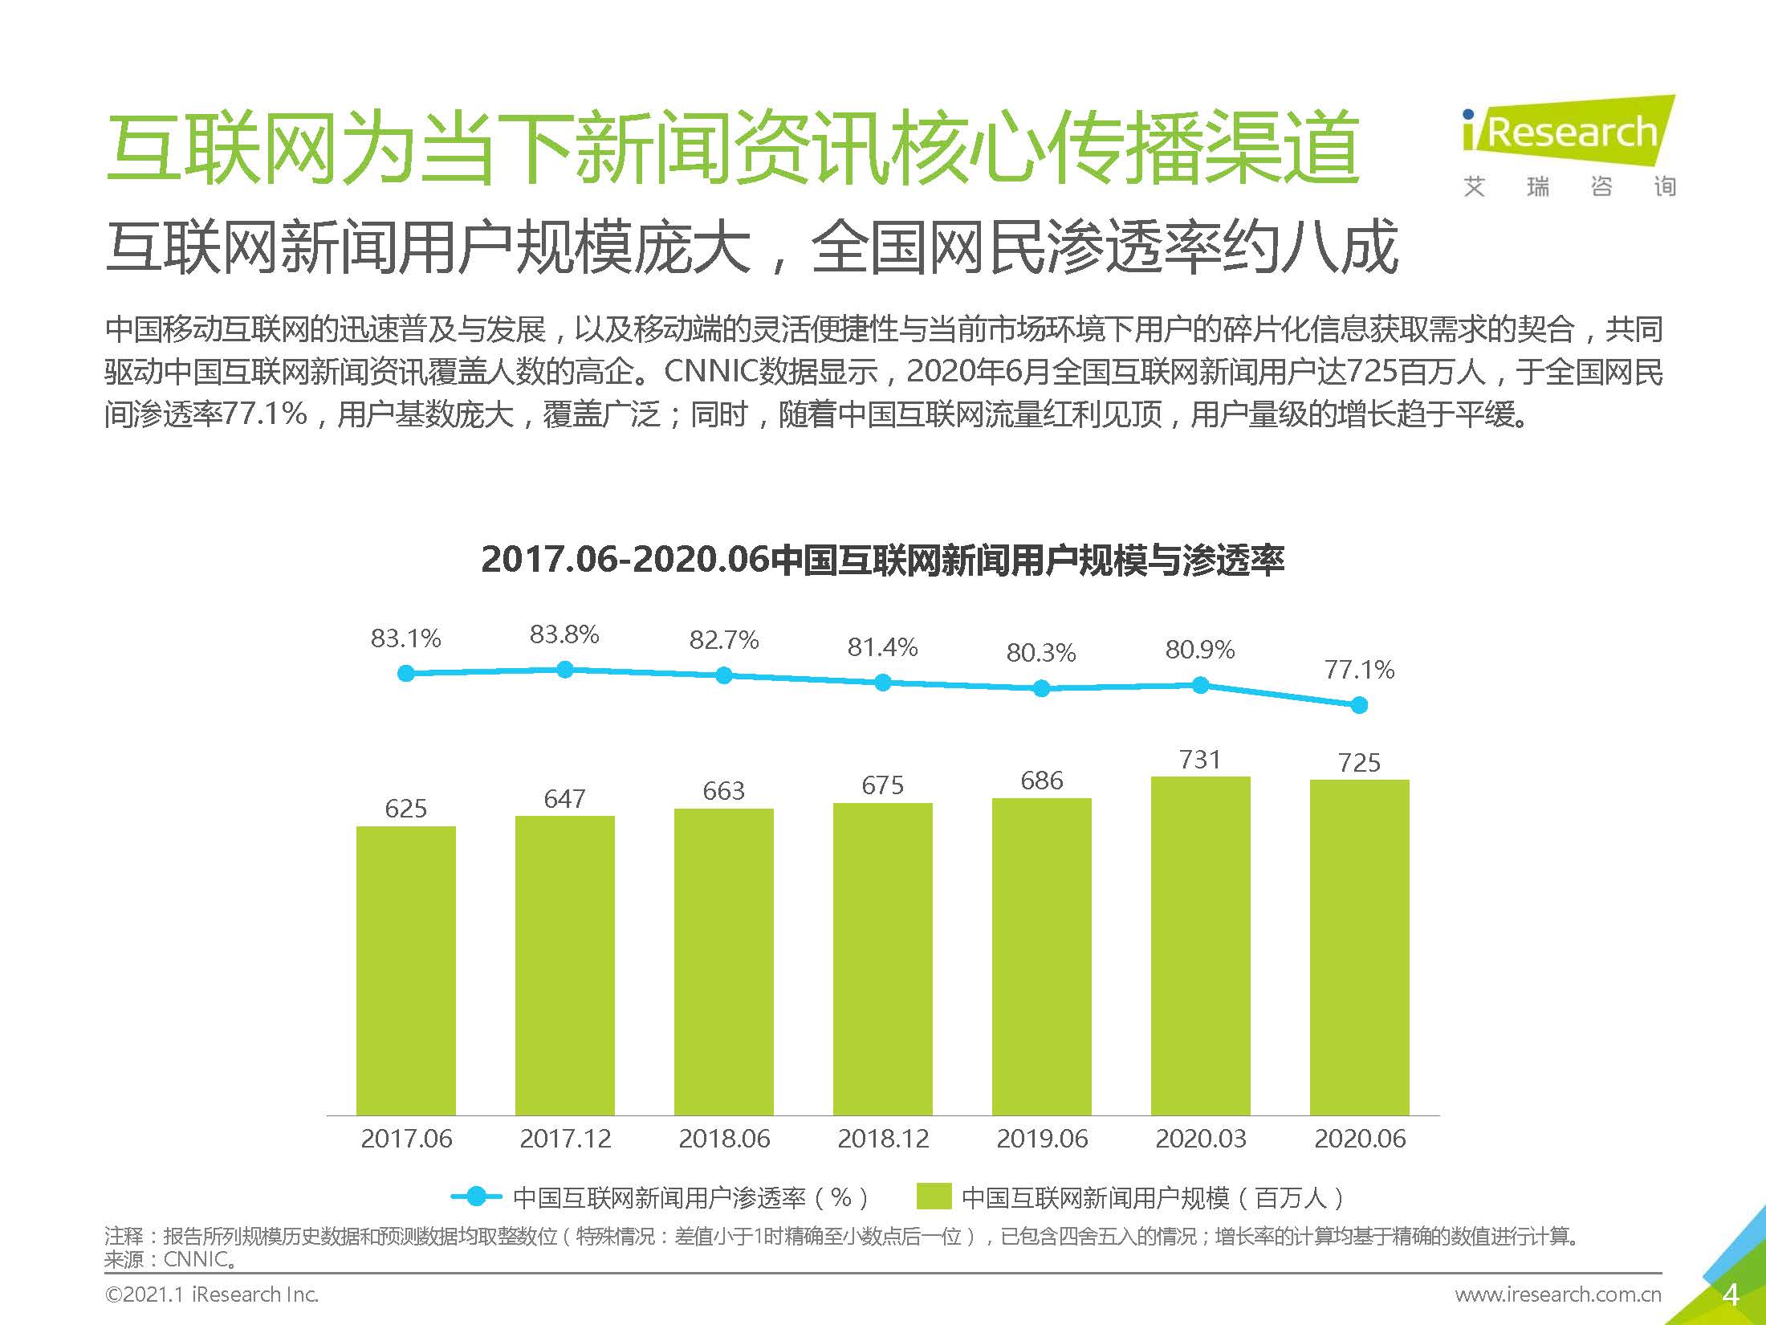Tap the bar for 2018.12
[x=882, y=959]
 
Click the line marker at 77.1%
[x=1359, y=705]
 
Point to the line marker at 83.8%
[x=564, y=669]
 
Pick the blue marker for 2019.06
[x=1041, y=688]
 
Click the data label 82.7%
[x=723, y=640]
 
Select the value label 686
[x=1041, y=781]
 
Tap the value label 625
[x=405, y=809]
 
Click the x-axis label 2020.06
[x=1359, y=1139]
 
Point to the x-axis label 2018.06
[x=723, y=1139]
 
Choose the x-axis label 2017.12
[x=564, y=1139]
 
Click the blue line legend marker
[x=476, y=1197]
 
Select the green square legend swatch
[x=934, y=1197]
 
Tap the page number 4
[x=1731, y=1294]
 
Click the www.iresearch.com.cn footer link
[x=1557, y=1294]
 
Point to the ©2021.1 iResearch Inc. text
[x=212, y=1294]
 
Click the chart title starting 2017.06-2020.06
[x=882, y=560]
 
